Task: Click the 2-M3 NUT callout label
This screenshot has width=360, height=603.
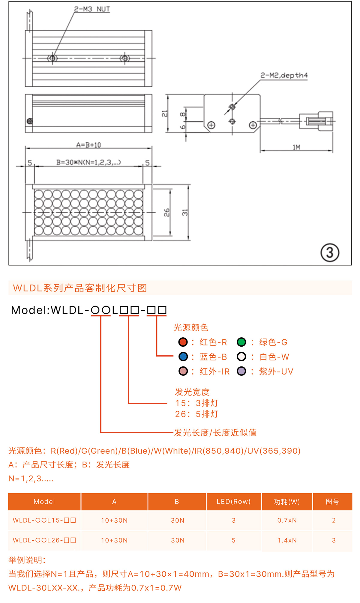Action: (92, 9)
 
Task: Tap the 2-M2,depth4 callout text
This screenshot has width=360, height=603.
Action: (284, 75)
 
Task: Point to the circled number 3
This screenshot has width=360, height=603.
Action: (330, 252)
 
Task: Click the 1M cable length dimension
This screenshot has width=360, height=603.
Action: (296, 147)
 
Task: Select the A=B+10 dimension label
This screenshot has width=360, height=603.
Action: (88, 145)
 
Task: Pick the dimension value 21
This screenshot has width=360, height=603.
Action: (164, 114)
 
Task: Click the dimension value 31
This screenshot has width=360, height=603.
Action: (185, 212)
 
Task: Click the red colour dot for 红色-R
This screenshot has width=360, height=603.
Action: (183, 342)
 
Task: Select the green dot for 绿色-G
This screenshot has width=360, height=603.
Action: (241, 342)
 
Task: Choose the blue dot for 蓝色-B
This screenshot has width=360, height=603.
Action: (183, 357)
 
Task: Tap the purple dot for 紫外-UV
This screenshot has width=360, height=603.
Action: (241, 371)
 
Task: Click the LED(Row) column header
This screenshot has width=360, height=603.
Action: (233, 502)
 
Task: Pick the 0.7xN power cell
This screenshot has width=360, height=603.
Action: (287, 520)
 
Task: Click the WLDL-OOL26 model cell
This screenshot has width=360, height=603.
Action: (44, 540)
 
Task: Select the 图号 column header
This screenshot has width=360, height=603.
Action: (332, 502)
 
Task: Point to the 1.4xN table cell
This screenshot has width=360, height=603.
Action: (287, 540)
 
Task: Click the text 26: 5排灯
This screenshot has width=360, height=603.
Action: (197, 414)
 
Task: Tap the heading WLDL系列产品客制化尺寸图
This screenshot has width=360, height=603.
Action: (80, 288)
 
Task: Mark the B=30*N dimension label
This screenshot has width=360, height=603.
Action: (88, 163)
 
